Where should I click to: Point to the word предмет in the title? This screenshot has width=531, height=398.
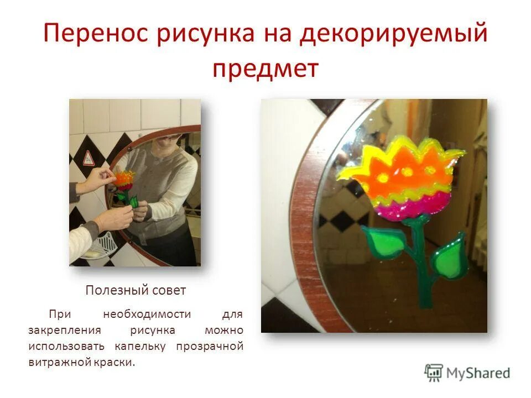pos(265,69)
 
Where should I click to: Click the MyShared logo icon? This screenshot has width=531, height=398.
pos(434,373)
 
